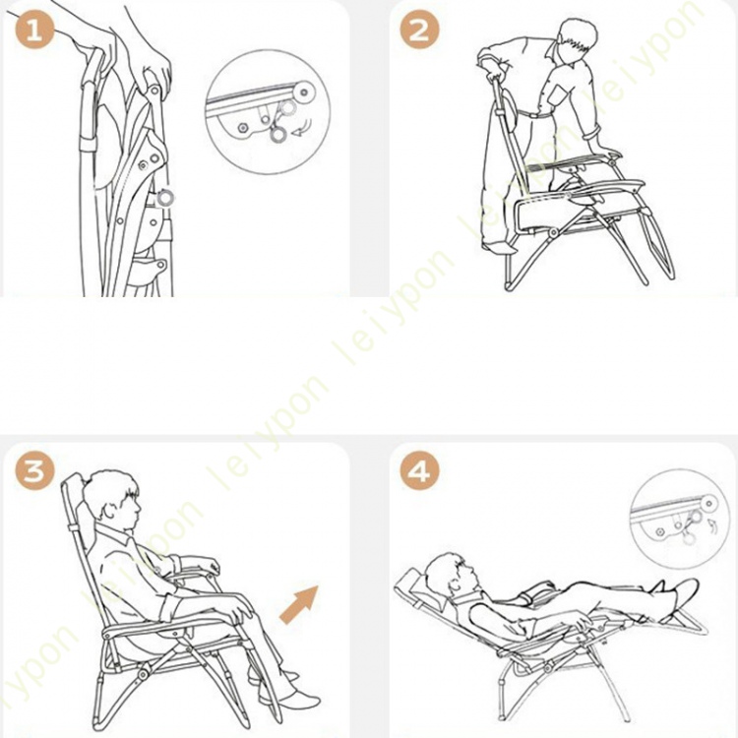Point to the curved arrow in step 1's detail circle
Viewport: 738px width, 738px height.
[302, 128]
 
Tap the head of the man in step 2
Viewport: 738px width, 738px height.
[578, 41]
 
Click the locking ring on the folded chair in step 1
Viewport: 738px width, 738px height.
[165, 198]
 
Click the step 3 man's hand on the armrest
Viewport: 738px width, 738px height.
[241, 607]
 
